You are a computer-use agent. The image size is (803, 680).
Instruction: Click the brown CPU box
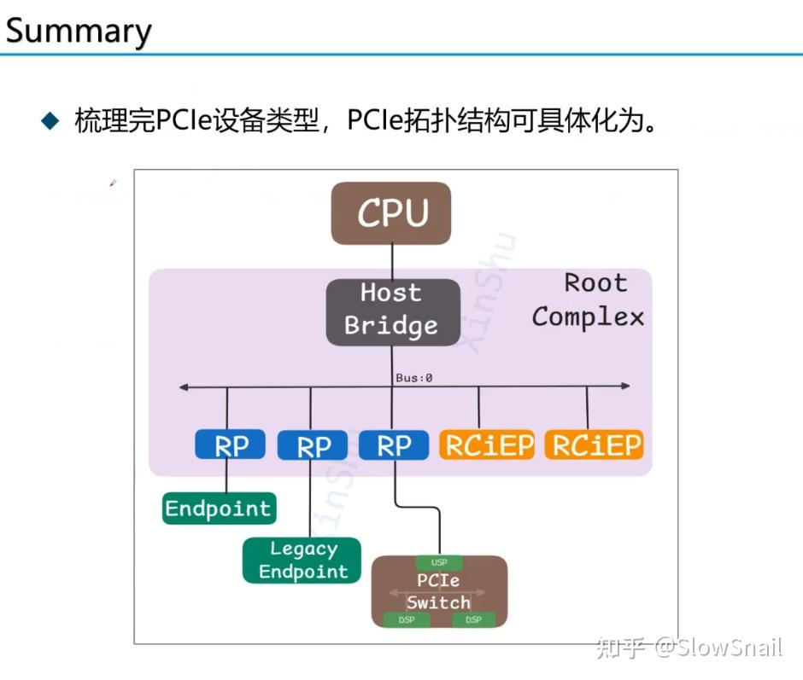point(391,212)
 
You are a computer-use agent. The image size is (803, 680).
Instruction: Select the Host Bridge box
point(391,311)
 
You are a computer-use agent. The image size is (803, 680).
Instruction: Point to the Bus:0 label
point(413,377)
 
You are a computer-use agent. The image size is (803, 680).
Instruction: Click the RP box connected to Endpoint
point(229,445)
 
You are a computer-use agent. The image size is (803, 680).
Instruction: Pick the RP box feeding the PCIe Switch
point(393,445)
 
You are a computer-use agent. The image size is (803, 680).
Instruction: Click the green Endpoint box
point(218,509)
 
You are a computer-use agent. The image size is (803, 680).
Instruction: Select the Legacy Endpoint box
point(302,561)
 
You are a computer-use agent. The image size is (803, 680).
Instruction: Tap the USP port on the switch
point(438,562)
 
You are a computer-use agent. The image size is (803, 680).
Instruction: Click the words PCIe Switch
point(438,591)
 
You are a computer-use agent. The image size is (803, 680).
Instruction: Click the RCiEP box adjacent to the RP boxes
point(487,445)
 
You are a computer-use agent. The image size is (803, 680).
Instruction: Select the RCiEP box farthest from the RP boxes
point(595,445)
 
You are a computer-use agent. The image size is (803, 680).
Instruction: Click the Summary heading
point(79,31)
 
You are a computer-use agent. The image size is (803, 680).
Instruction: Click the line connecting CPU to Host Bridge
point(392,262)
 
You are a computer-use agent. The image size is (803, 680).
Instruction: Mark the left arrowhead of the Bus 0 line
point(184,387)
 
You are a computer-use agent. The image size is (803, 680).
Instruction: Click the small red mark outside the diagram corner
point(112,182)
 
